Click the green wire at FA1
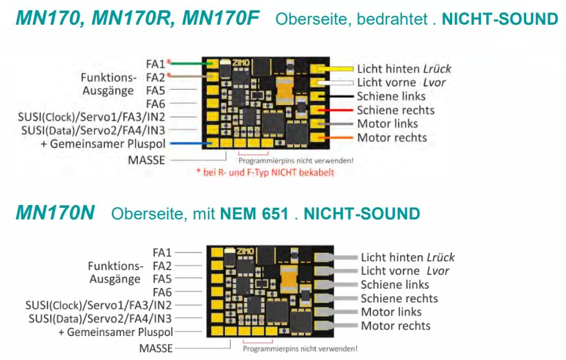point(189,63)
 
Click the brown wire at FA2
point(189,76)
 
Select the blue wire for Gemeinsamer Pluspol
point(189,143)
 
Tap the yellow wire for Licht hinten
point(340,69)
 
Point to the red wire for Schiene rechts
point(340,110)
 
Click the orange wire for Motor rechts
point(340,138)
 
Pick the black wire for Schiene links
point(340,96)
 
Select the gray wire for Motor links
point(340,123)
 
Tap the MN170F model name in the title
point(220,19)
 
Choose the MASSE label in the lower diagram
point(156,348)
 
